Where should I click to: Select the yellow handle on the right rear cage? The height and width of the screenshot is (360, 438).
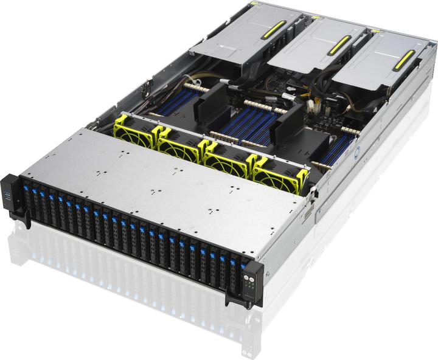404,60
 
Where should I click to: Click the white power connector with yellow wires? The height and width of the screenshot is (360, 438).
311,109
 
